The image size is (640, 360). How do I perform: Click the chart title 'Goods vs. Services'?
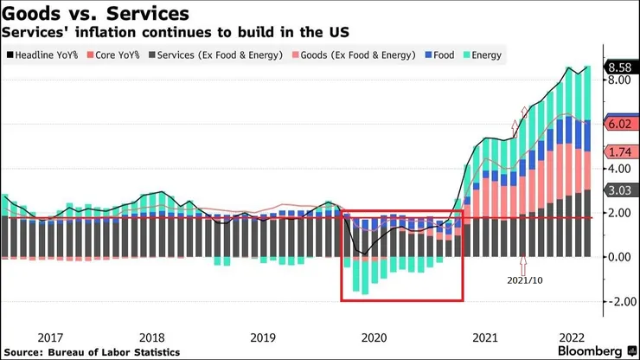point(96,14)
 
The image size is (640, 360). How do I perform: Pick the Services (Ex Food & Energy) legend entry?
point(209,55)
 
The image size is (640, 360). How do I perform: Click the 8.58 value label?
point(619,67)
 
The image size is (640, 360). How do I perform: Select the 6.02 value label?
point(619,124)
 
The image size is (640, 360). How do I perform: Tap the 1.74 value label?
point(619,152)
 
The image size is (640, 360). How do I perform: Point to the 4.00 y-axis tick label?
point(618,168)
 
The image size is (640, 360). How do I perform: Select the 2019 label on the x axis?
point(263,337)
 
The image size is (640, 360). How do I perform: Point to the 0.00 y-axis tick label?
point(618,257)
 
